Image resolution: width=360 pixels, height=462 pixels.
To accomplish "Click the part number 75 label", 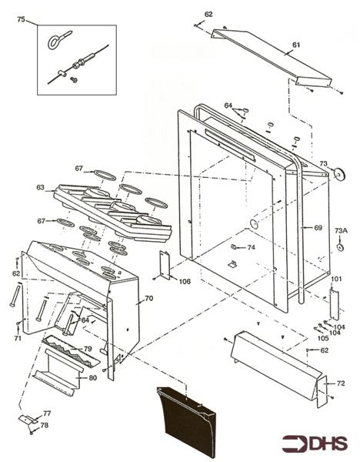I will (x=21, y=19).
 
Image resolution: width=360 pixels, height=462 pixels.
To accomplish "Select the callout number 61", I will (x=295, y=45).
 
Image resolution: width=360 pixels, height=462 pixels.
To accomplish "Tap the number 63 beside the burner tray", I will (x=40, y=186).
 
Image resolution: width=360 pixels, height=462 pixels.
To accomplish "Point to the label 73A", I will (x=341, y=230).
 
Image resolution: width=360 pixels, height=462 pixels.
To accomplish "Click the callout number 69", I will (x=318, y=228).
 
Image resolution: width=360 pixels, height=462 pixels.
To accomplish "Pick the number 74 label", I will (x=251, y=247).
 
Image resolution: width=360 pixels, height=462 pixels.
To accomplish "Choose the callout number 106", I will (x=185, y=281).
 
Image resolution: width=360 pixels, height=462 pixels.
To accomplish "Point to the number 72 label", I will (x=341, y=383).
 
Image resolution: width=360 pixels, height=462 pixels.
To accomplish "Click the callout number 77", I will (x=46, y=414).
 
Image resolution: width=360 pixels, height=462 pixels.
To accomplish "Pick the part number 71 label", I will (x=17, y=338).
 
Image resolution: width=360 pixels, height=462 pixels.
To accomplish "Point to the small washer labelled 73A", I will (x=339, y=249).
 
